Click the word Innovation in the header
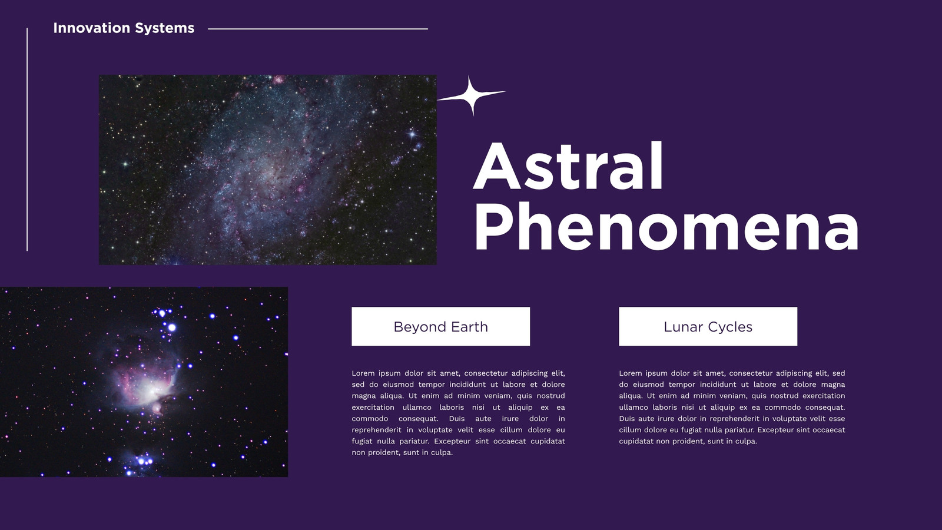click(x=92, y=28)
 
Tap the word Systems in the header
click(x=165, y=28)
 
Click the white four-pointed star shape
click(x=472, y=95)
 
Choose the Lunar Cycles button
click(x=708, y=326)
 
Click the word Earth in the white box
click(x=469, y=327)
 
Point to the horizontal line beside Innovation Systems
click(x=318, y=29)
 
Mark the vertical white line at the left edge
click(x=27, y=140)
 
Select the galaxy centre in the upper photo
click(x=269, y=168)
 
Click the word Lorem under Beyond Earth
click(x=363, y=373)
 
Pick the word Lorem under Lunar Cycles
click(x=630, y=373)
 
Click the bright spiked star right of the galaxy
click(x=412, y=134)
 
